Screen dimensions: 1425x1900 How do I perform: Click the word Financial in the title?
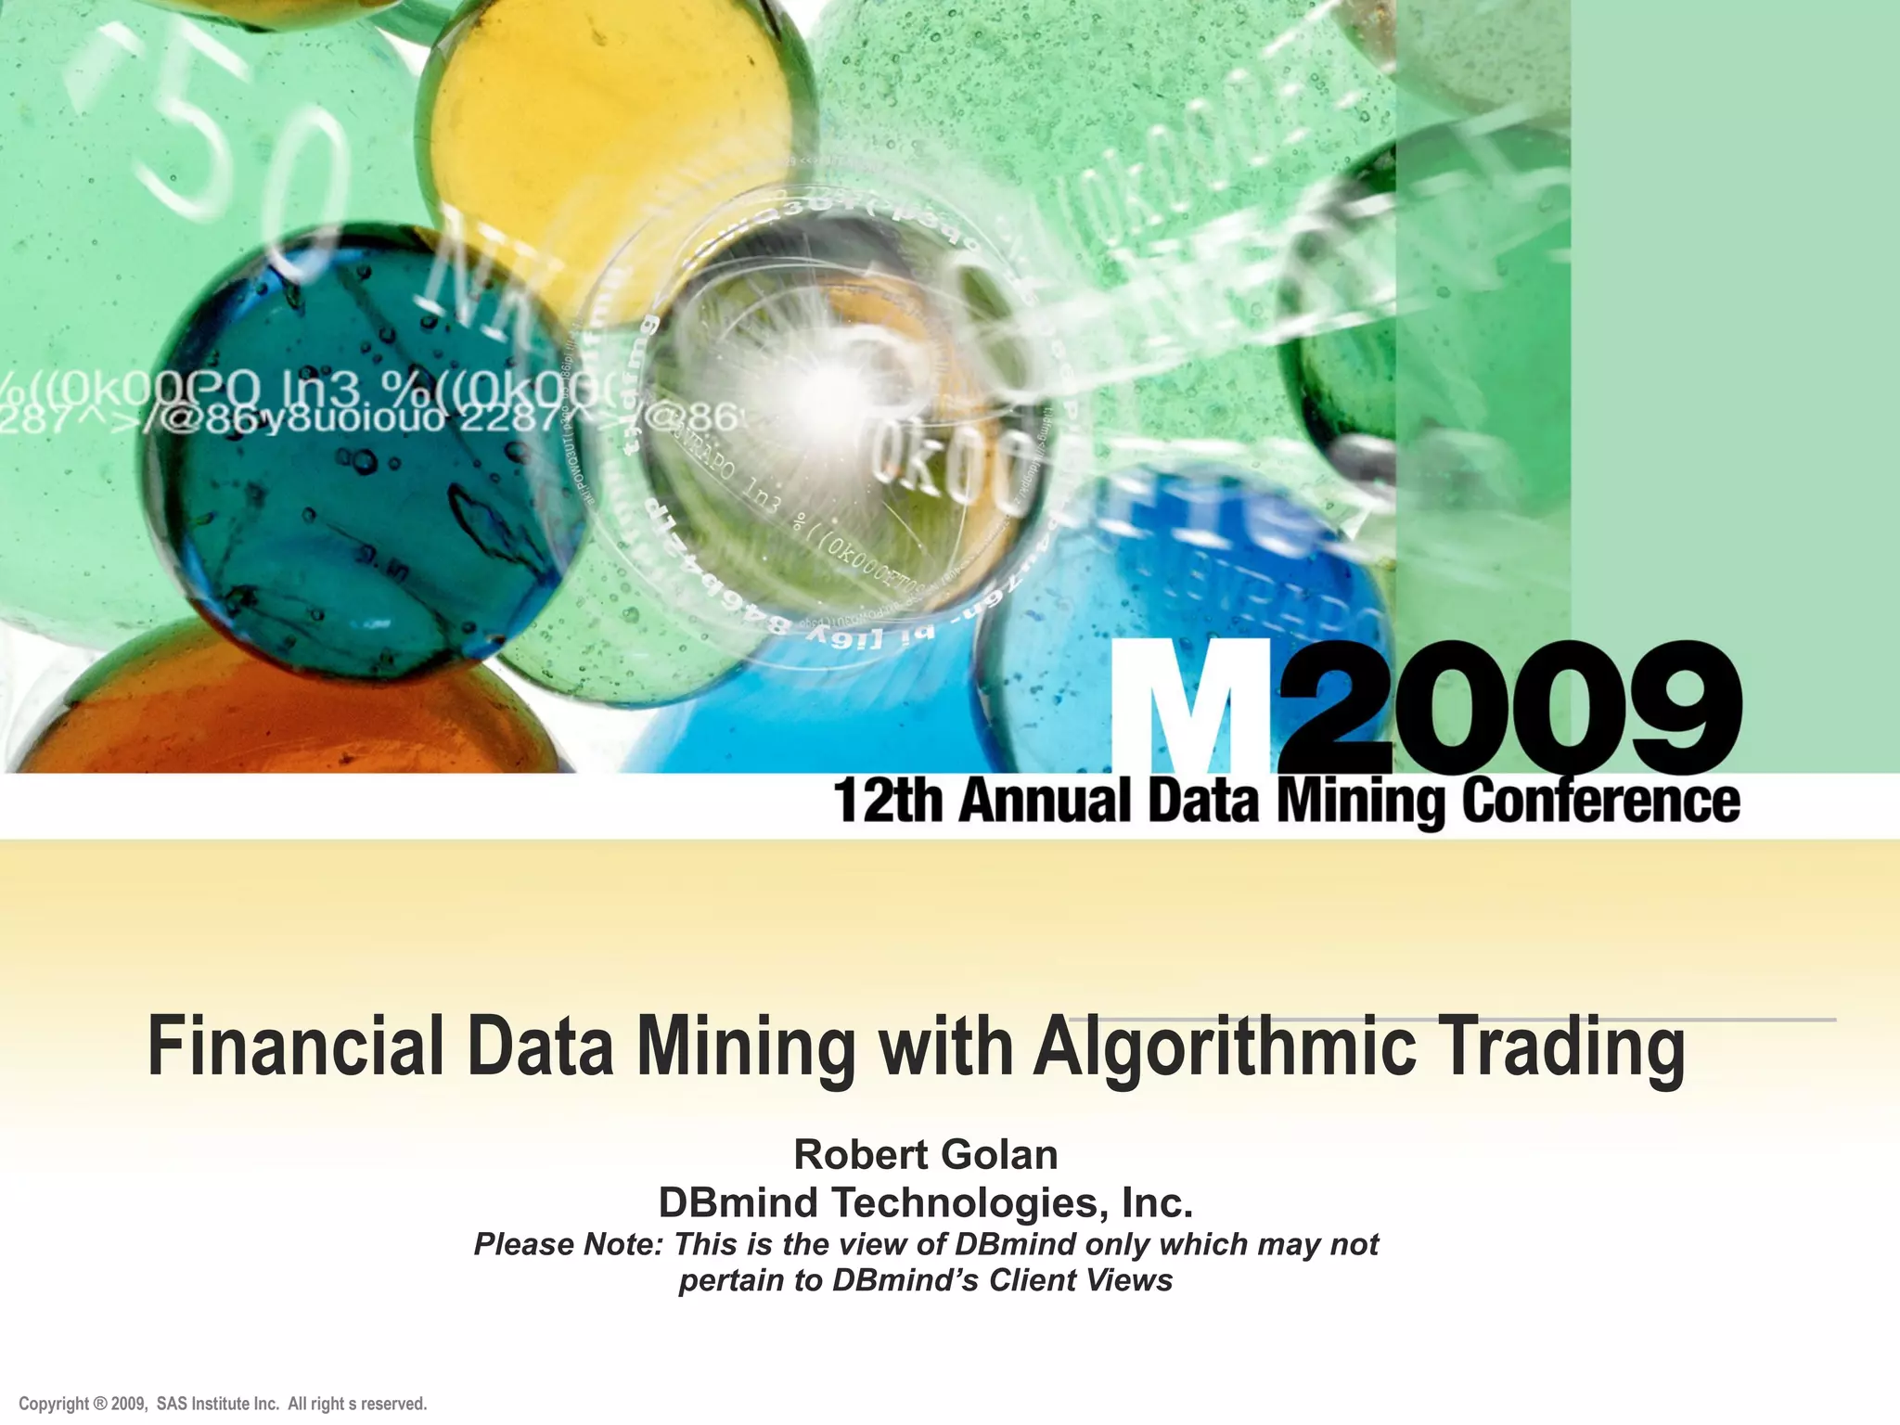(297, 1047)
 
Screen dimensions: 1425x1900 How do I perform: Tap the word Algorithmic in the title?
(1225, 1047)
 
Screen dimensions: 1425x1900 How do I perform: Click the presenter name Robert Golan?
(926, 1155)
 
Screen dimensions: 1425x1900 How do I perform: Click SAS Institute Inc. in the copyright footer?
(218, 1404)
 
